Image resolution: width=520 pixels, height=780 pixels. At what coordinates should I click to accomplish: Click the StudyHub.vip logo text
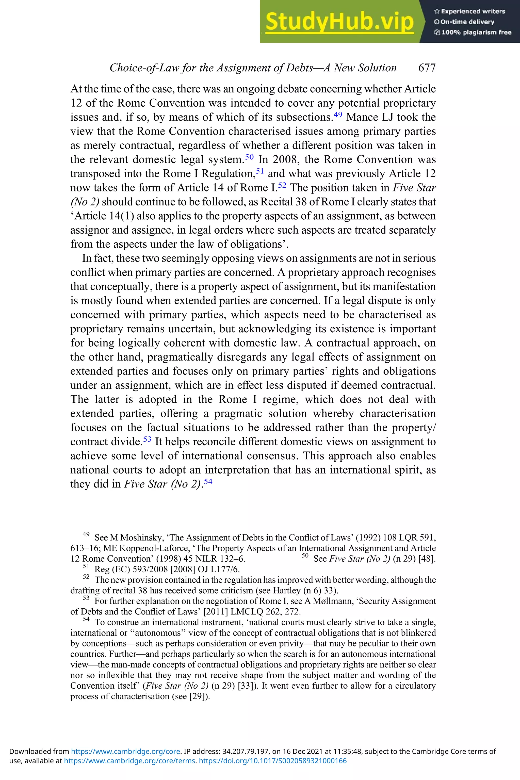[339, 22]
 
